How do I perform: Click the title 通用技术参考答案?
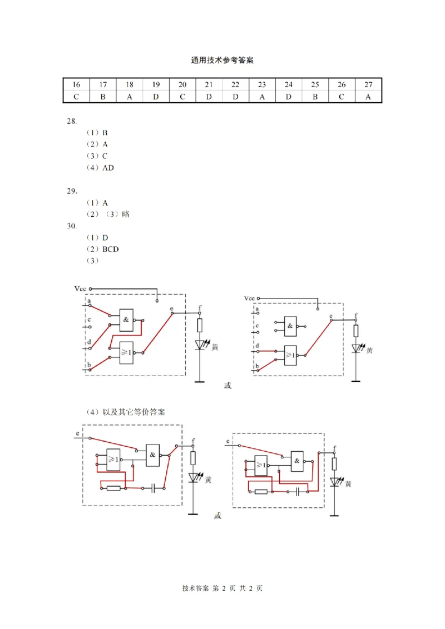222,61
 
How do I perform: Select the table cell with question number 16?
76,85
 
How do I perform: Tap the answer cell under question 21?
209,97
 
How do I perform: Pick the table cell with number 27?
368,85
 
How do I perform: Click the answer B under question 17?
103,97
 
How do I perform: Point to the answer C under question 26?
342,97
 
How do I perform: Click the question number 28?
71,121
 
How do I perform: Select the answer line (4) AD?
100,168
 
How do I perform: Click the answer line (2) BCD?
102,249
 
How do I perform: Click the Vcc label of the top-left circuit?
80,289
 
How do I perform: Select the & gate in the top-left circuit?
126,320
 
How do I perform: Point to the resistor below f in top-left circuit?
200,326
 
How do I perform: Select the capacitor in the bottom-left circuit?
153,488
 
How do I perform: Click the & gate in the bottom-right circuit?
297,461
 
